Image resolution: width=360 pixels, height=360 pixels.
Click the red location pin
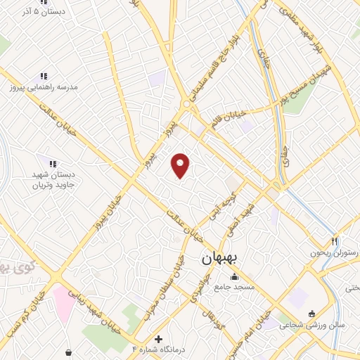tap(181, 165)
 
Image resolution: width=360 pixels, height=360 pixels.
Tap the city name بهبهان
tap(220, 258)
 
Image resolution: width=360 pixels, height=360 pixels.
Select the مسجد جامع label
tap(234, 288)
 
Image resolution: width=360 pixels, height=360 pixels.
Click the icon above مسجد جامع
tap(234, 276)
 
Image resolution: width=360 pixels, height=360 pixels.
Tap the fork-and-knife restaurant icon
tap(335, 240)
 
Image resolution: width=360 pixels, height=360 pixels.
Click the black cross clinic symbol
tap(158, 339)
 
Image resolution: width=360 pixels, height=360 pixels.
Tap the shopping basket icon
tap(68, 352)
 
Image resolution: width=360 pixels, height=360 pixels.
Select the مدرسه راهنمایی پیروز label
tap(41, 86)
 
